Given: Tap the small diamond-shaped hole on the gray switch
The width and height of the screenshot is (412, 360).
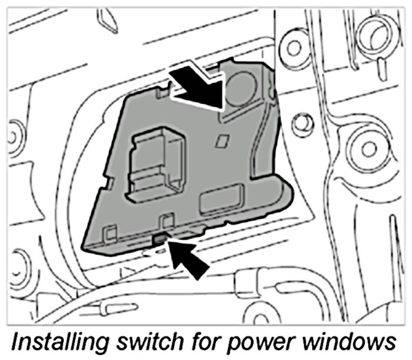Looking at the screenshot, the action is click(x=222, y=140).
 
